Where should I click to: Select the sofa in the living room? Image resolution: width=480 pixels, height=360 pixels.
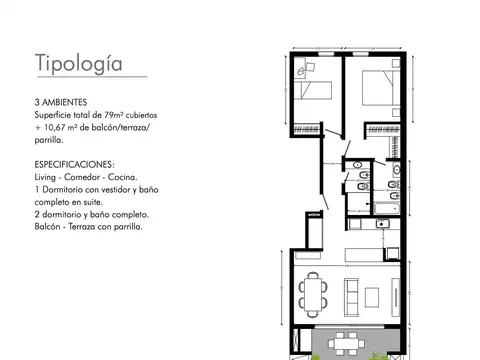click(354, 292)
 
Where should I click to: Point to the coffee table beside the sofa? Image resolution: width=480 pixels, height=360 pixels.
click(381, 292)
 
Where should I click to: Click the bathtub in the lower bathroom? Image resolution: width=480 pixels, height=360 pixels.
click(385, 208)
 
